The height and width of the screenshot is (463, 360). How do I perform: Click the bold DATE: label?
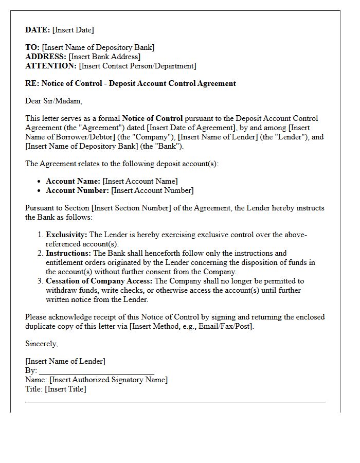(38, 30)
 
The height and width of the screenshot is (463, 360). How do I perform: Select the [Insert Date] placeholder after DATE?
(73, 30)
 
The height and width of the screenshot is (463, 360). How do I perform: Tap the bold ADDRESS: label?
(46, 57)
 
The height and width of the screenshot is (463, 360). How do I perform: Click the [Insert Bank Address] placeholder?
(104, 57)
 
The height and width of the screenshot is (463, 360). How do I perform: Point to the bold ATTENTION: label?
(51, 66)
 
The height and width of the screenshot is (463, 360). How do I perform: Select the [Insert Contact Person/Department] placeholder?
(137, 66)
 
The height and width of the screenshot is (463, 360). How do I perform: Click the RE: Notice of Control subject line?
(131, 83)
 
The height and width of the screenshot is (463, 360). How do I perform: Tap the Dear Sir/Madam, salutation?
(53, 101)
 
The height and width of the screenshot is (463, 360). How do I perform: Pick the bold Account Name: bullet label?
(73, 181)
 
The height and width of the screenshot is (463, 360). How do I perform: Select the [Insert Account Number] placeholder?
(152, 190)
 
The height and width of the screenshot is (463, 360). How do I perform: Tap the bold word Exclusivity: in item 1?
(66, 235)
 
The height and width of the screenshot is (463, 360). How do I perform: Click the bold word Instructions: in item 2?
(68, 253)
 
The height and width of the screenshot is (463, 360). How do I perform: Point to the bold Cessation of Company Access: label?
(99, 281)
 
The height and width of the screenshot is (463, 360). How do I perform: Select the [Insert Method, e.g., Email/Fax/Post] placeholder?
(192, 326)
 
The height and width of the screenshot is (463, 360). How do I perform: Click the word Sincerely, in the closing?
(42, 344)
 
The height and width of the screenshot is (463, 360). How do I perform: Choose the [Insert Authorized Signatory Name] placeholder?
(109, 380)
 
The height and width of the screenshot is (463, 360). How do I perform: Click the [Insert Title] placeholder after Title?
(65, 389)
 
